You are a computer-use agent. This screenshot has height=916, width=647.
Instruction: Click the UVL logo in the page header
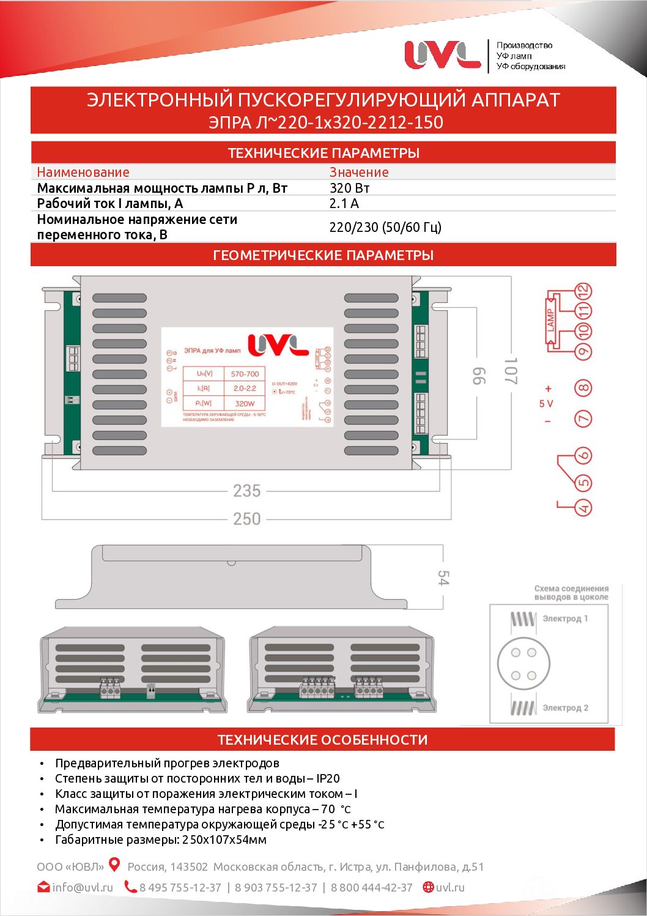tap(442, 54)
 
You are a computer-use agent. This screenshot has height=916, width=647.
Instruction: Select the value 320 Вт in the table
tap(349, 188)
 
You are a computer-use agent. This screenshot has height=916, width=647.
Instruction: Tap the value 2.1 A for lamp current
tap(344, 203)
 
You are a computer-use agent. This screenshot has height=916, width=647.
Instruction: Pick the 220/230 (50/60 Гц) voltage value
tap(385, 227)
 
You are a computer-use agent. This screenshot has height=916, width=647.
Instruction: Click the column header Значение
tap(359, 172)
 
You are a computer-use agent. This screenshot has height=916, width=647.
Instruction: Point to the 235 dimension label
tap(246, 491)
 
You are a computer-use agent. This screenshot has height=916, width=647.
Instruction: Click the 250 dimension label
tap(246, 519)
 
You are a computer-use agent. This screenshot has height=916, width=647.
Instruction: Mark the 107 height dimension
tap(511, 371)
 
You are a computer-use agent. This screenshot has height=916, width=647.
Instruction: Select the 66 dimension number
tap(479, 376)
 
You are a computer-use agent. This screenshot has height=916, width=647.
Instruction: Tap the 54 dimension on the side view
tap(443, 578)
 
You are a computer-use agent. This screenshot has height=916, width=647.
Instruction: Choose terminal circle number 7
tap(583, 419)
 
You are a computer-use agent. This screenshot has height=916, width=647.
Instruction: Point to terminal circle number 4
tap(584, 507)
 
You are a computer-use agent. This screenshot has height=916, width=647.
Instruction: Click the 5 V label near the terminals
tap(546, 404)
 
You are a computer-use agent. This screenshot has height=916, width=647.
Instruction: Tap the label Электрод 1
tap(565, 619)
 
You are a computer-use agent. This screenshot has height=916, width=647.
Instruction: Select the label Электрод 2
tap(565, 708)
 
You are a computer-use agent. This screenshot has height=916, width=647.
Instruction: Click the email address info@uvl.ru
tap(83, 887)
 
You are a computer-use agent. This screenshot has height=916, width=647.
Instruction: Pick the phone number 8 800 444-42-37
tap(372, 887)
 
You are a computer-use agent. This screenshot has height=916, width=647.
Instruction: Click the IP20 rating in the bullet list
tap(328, 778)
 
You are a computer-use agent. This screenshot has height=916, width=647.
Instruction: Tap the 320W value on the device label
tap(245, 403)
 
